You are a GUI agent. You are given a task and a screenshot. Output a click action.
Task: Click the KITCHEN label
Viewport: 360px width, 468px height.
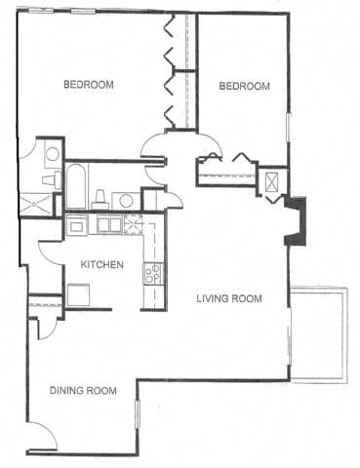tap(100, 264)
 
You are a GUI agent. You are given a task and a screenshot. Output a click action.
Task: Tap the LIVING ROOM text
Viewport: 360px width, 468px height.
tap(228, 298)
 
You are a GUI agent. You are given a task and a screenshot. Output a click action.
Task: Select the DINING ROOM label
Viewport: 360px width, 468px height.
tap(84, 391)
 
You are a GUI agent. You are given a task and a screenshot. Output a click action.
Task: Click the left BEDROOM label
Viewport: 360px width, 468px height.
tap(89, 85)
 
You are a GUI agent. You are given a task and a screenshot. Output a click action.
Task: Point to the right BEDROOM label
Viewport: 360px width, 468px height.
tap(243, 86)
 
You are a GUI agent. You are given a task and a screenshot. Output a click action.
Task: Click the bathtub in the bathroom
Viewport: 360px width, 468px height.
tap(76, 187)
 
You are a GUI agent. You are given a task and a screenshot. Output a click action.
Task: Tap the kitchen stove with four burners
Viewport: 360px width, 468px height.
tap(153, 274)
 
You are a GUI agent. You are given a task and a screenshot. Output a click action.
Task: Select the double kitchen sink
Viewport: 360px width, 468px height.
tap(108, 224)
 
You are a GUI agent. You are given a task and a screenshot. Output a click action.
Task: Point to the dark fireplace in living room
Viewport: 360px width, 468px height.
tap(294, 221)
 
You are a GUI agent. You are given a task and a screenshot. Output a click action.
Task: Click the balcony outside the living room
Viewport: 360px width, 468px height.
tap(320, 332)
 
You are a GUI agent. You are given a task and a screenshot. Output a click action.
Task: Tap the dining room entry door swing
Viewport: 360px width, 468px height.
tap(42, 433)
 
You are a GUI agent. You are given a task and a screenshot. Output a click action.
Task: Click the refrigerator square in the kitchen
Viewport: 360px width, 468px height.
tap(78, 294)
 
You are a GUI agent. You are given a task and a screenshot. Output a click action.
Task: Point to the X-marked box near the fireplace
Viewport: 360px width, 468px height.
tap(271, 182)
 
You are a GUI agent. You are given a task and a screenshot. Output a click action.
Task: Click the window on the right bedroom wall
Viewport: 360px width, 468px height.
tap(288, 127)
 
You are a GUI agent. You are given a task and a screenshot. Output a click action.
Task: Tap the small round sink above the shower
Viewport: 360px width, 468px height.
tap(51, 153)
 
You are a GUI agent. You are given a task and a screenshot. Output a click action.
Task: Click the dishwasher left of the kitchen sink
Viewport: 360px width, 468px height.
tap(77, 225)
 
